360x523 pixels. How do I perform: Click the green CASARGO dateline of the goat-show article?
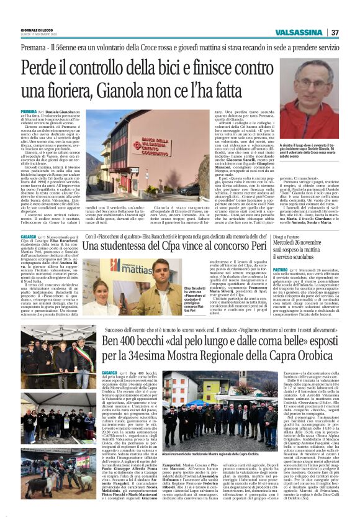110,371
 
